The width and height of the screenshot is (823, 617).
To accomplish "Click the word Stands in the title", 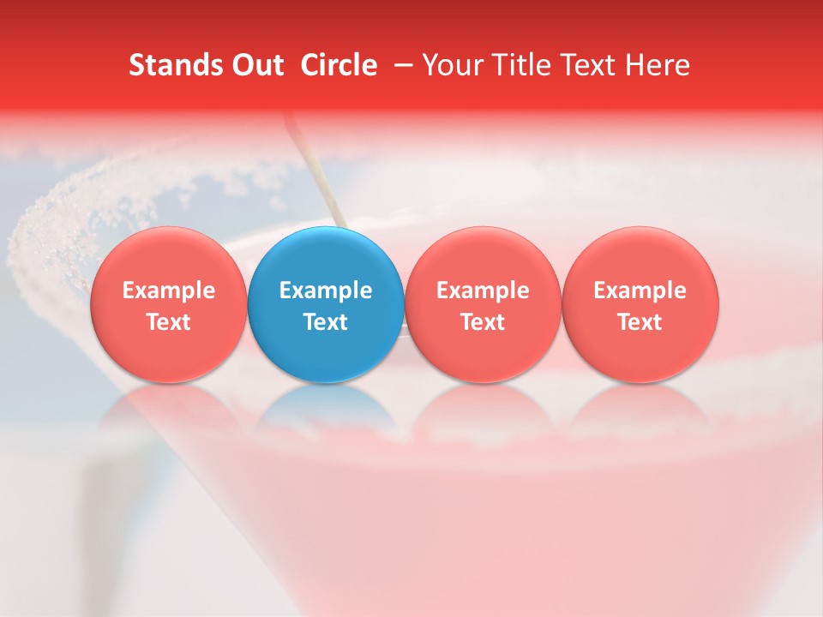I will [171, 65].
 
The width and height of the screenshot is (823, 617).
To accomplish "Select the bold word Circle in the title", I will [339, 65].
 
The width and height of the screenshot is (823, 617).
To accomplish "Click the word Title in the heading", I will [524, 65].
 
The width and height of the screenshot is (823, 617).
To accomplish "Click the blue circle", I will [326, 305].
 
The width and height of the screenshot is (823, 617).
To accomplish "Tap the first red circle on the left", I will [169, 305].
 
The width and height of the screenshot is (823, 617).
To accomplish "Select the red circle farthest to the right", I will [640, 305].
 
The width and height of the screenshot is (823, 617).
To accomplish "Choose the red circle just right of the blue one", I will [483, 305].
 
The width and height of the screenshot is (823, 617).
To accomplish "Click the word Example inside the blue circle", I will [326, 291].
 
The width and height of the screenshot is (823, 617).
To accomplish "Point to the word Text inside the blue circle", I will [326, 322].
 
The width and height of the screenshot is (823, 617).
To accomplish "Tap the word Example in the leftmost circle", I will [169, 291].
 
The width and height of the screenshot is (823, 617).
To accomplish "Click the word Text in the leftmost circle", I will [169, 322].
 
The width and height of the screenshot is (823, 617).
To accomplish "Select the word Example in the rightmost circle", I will [640, 291].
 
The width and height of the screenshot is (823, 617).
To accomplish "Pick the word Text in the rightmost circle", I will [640, 322].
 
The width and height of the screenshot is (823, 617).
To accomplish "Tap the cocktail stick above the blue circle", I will [317, 171].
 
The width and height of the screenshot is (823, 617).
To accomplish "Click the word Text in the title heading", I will [588, 65].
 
